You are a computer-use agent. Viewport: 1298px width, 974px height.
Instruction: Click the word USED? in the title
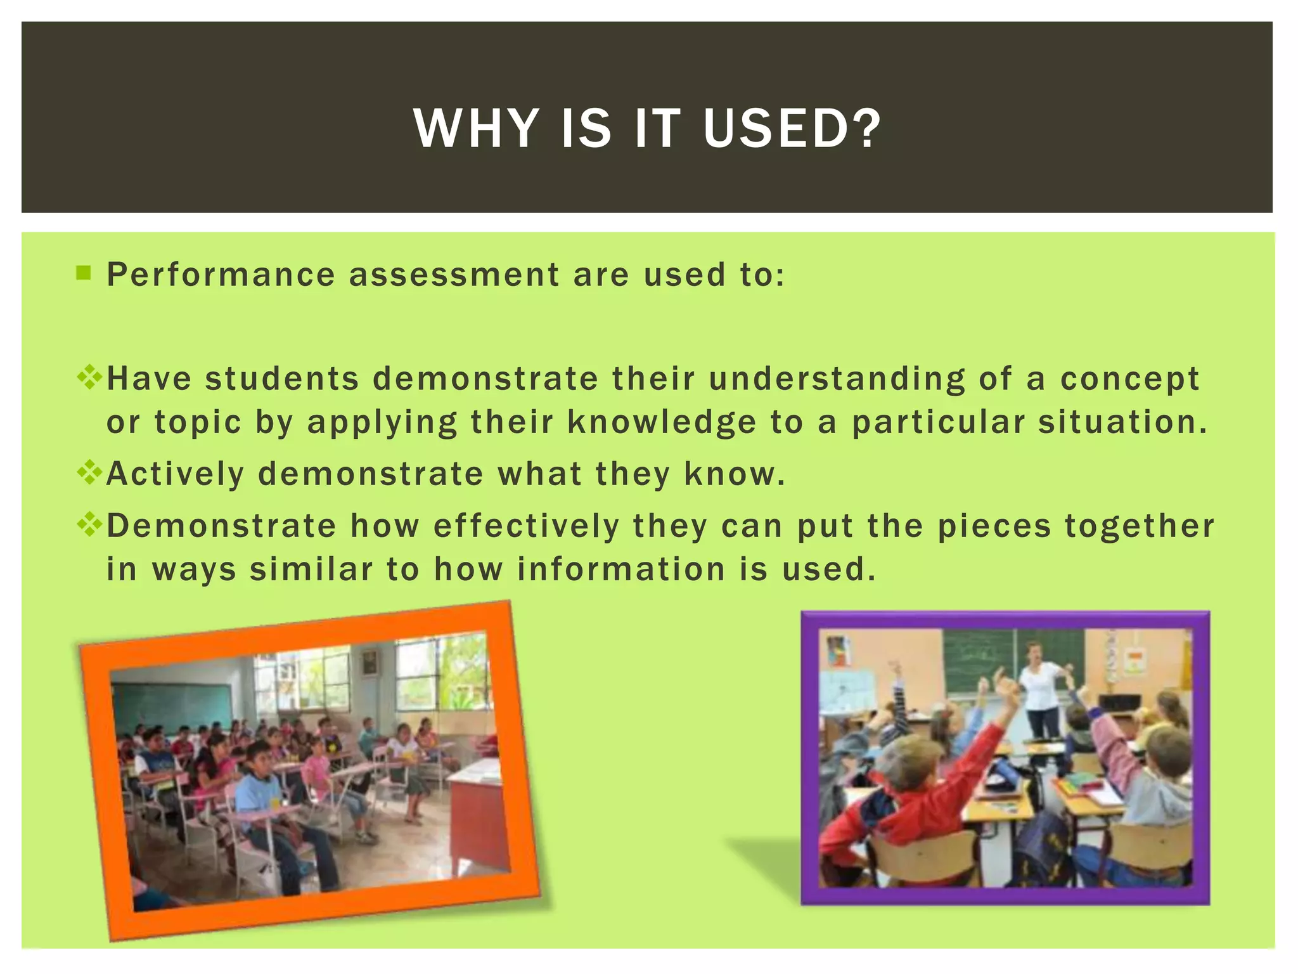click(x=792, y=129)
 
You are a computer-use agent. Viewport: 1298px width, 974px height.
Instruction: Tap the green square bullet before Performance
click(x=83, y=273)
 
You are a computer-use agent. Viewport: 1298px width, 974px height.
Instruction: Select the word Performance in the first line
click(x=221, y=275)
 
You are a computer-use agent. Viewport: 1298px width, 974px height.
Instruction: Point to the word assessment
click(x=454, y=275)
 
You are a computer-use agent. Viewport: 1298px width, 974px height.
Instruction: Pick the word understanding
click(x=837, y=380)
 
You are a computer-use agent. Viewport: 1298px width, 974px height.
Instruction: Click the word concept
click(x=1129, y=380)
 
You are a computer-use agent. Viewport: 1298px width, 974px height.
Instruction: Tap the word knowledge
click(x=662, y=423)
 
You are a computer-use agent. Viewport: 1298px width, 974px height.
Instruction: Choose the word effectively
click(x=526, y=526)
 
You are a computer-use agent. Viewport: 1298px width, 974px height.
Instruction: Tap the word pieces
click(x=994, y=526)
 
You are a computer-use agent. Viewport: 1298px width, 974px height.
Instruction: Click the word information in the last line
click(x=621, y=569)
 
